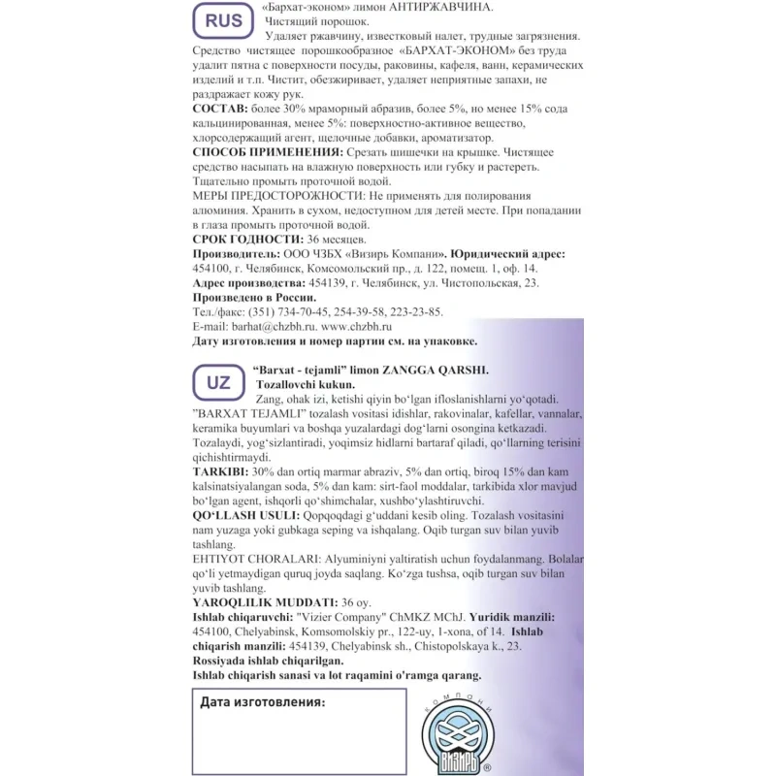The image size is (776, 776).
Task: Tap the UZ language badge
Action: [218, 382]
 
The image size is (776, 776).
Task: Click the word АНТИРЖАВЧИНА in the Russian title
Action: [447, 8]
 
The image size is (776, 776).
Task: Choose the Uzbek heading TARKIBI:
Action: [225, 470]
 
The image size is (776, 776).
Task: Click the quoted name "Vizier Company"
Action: [330, 617]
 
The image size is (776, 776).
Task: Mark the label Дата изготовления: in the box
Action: [263, 702]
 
